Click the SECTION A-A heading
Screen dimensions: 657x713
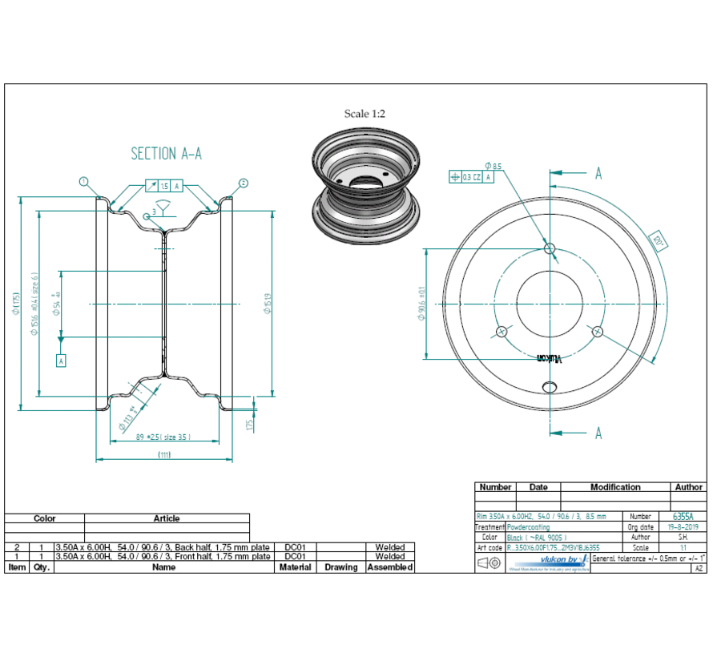tap(166, 153)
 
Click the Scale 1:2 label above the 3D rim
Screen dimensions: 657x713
tap(365, 114)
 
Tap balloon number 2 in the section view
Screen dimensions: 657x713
tap(243, 183)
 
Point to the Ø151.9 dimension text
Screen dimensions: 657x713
tap(268, 304)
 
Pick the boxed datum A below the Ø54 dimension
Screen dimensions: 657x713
tap(61, 361)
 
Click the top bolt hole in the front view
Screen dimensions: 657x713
tap(550, 249)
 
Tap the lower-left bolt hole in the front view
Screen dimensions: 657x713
tap(502, 332)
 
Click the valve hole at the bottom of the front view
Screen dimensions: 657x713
tap(550, 387)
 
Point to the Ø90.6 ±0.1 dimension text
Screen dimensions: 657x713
tap(422, 304)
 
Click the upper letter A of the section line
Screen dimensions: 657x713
tap(598, 173)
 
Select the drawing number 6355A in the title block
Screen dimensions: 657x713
tap(683, 517)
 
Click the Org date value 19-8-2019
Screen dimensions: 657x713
tap(683, 527)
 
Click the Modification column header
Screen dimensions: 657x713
tap(614, 487)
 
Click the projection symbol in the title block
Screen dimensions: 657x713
tap(489, 563)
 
